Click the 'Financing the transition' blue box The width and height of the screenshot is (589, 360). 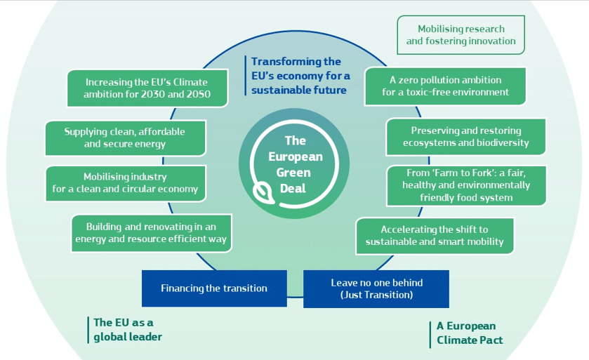click(x=214, y=288)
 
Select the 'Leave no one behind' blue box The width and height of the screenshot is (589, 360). click(x=376, y=288)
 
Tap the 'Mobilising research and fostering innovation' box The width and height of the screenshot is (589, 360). click(x=461, y=35)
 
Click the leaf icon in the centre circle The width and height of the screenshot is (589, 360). click(x=265, y=191)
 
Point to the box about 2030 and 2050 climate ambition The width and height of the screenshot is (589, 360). click(x=147, y=88)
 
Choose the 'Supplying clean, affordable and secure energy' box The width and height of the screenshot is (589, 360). click(x=125, y=138)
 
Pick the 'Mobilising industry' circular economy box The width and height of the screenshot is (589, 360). click(x=125, y=183)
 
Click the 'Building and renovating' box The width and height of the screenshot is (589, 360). click(x=151, y=233)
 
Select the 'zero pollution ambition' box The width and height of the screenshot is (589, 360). click(x=445, y=86)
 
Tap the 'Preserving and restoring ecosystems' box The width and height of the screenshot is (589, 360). click(x=465, y=137)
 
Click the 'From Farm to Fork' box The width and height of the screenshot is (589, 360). click(x=466, y=185)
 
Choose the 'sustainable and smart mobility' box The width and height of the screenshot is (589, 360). click(x=435, y=236)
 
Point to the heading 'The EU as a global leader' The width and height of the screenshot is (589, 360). click(x=127, y=329)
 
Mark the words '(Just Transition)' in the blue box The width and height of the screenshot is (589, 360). click(x=376, y=295)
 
